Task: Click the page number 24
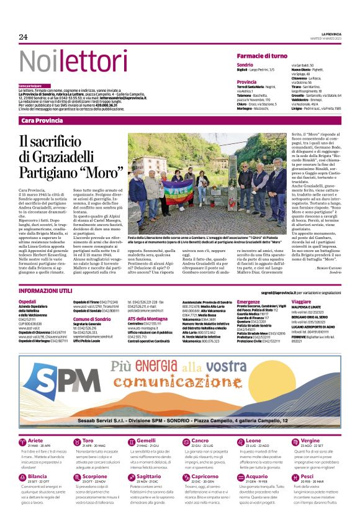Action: (x=24, y=37)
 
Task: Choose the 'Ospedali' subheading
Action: (x=28, y=301)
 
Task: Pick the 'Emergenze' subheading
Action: (x=248, y=301)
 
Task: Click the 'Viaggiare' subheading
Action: (x=301, y=301)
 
